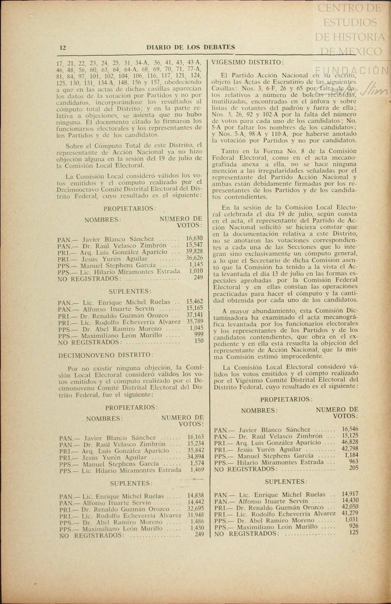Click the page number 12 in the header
pos(63,48)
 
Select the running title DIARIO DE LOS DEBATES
pos(191,47)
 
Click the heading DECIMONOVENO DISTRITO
pos(106,355)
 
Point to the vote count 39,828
pos(194,251)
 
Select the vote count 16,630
pos(194,238)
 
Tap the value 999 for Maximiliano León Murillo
pos(199,334)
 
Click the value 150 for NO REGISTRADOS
pos(199,341)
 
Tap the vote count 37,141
pos(195,315)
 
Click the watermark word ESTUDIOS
pos(350,23)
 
